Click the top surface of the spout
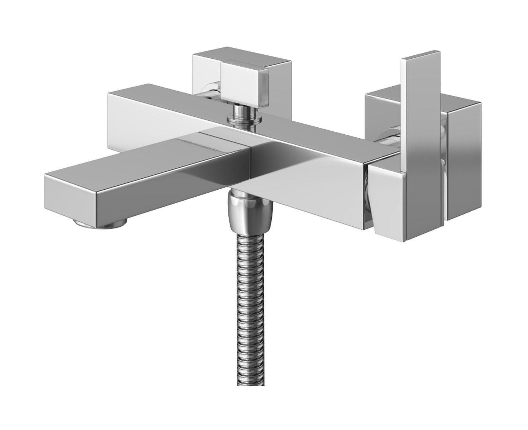pyautogui.click(x=147, y=154)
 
